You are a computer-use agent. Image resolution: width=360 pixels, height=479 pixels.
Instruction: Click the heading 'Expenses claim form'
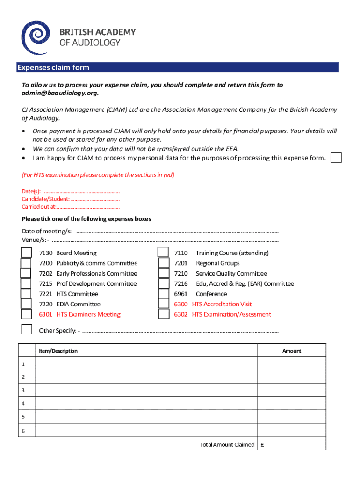pos(53,68)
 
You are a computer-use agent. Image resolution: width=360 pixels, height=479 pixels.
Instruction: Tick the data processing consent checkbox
pos(336,158)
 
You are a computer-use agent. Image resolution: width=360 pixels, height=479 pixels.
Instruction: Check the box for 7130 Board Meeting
pos(27,253)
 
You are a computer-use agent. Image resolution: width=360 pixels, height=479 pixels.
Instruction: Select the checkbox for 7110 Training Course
pos(163,253)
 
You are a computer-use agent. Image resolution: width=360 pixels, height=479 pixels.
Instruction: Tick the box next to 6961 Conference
pos(163,294)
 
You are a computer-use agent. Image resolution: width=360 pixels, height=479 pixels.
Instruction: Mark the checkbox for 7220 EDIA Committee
pos(27,304)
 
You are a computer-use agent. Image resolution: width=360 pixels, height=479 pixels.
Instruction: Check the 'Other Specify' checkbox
pos(27,329)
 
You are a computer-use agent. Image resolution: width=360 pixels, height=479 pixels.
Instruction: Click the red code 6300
pos(180,304)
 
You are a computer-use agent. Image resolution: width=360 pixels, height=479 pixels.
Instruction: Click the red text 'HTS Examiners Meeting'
pos(88,314)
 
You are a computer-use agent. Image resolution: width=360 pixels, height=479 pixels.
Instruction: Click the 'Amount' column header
pos(291,351)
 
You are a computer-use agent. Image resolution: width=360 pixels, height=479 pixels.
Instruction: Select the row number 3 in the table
pos(22,390)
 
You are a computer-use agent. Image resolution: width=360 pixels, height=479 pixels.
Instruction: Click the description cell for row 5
pos(146,416)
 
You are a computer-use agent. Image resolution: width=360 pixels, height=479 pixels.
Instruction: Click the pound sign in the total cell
pos(263,445)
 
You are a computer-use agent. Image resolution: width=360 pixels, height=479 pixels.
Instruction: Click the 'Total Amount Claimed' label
pos(227,445)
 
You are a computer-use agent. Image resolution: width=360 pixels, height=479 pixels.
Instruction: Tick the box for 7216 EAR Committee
pos(163,283)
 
